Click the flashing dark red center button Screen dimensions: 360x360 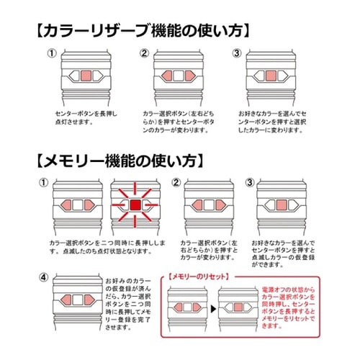coord(135,206)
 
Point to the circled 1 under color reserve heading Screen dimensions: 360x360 coord(52,53)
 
